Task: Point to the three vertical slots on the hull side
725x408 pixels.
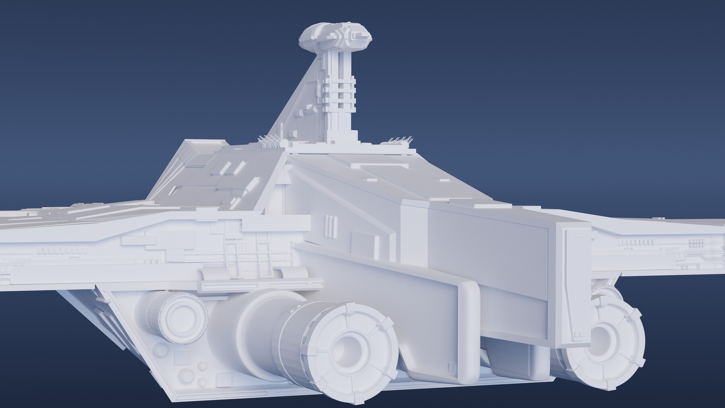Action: [330, 225]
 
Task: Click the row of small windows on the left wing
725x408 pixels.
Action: [62, 251]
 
